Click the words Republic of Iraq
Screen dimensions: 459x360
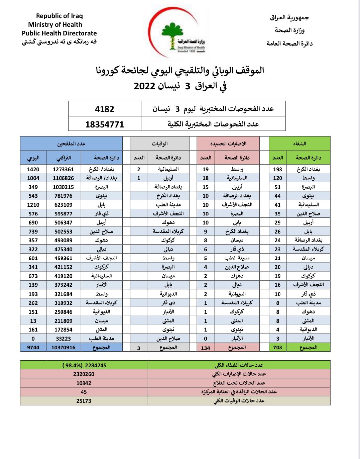(x=59, y=16)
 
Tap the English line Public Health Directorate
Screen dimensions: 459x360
(x=59, y=33)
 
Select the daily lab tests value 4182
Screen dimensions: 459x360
(x=105, y=109)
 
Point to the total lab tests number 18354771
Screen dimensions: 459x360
(x=105, y=124)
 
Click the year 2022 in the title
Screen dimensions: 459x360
(x=145, y=86)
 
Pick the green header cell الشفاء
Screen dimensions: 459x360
(x=299, y=144)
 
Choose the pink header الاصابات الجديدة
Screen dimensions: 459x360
(x=228, y=144)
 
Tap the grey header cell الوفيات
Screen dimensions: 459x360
(x=159, y=144)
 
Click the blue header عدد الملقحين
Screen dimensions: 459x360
(x=71, y=144)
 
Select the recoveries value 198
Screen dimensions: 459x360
(x=277, y=169)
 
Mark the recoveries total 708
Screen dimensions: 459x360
(x=277, y=347)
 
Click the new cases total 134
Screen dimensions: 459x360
(x=205, y=348)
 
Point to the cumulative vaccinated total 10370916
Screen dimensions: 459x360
(x=63, y=348)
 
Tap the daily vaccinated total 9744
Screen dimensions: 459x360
(x=33, y=348)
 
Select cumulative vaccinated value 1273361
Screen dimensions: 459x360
(x=63, y=169)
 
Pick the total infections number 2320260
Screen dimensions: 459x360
(x=84, y=374)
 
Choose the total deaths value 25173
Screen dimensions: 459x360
(x=84, y=401)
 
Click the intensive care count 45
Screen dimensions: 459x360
(x=84, y=392)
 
